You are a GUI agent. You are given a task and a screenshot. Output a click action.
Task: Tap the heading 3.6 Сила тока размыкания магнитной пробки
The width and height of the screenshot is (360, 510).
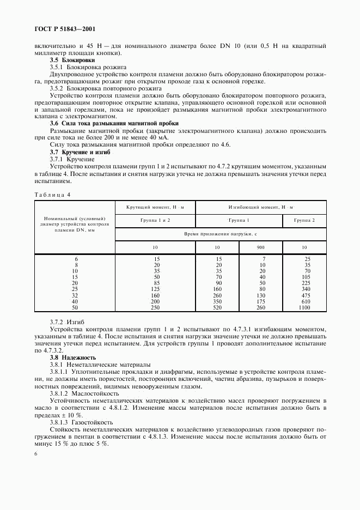[114, 124]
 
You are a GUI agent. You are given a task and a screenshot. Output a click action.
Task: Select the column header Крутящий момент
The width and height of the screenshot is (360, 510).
[155, 208]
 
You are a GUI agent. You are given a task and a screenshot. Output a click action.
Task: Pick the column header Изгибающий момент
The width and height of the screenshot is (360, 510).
[260, 208]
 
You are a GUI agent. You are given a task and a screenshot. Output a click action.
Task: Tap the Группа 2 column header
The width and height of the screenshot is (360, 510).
[304, 221]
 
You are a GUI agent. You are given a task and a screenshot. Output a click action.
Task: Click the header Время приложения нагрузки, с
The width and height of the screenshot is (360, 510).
[220, 233]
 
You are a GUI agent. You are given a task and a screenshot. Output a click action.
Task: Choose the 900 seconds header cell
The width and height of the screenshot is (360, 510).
[261, 247]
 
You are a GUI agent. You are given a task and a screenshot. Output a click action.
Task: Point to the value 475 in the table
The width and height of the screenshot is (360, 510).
[305, 295]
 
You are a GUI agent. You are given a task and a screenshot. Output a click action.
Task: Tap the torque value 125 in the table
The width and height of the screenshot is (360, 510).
[155, 289]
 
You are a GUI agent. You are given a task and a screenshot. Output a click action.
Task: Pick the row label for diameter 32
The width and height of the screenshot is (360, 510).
[75, 295]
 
